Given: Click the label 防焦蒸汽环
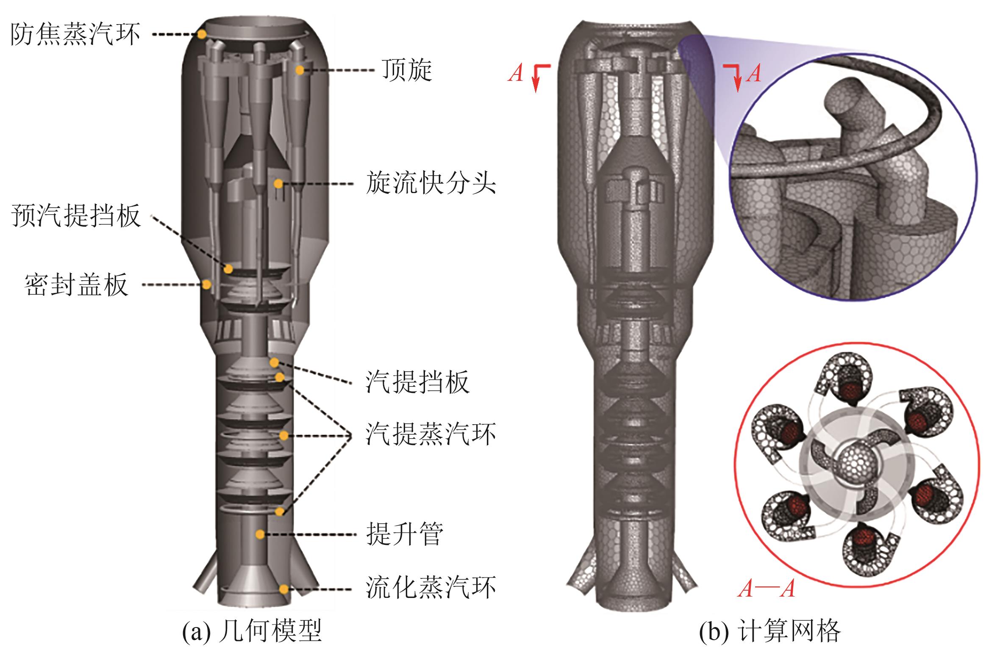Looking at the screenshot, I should point(75,34).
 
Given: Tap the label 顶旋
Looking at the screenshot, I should point(406,70).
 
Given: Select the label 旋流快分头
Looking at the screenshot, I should point(430,183).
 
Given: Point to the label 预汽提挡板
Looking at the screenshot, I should point(76,216).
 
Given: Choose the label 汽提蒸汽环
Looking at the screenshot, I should point(430,434).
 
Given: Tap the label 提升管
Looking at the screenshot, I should point(404,534).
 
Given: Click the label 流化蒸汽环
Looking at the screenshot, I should point(430,588).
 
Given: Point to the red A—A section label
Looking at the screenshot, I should point(766,589).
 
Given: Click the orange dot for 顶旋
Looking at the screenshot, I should point(300,70).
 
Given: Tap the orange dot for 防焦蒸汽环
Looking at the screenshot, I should point(202,34).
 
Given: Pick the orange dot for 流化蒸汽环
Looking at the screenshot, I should point(283,589).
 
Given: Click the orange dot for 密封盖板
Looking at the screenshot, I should point(206,285).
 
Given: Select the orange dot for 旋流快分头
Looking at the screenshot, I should point(278,183).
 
